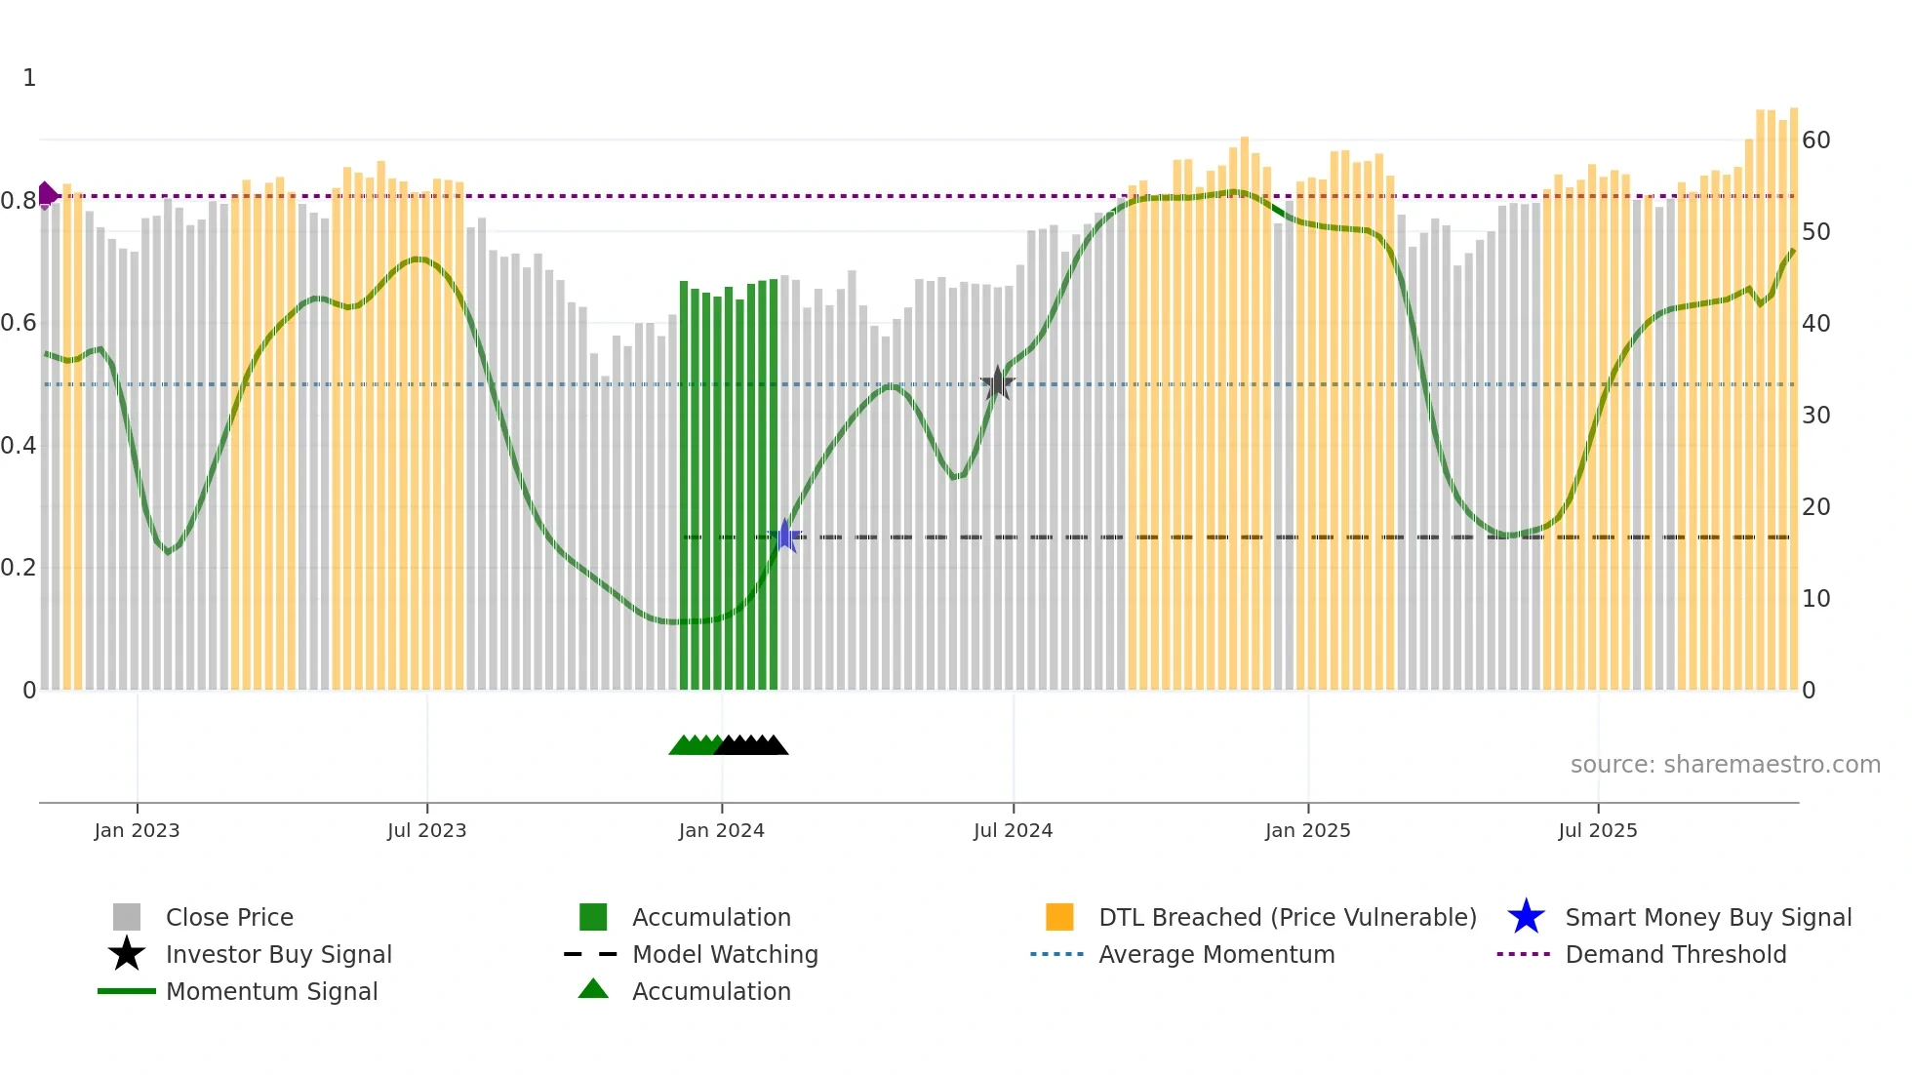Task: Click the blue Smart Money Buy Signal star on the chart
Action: pyautogui.click(x=785, y=536)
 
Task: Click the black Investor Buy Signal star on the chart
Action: pyautogui.click(x=997, y=383)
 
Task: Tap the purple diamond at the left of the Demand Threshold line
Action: pyautogui.click(x=47, y=195)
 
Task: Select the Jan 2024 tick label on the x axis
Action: pyautogui.click(x=722, y=831)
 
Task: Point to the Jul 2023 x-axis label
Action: pyautogui.click(x=427, y=831)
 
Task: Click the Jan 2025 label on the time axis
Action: pyautogui.click(x=1308, y=831)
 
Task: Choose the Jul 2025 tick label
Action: pyautogui.click(x=1598, y=831)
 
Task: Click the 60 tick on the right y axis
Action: pyautogui.click(x=1815, y=140)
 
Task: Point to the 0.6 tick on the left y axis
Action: pyautogui.click(x=19, y=323)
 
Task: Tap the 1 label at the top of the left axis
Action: pyautogui.click(x=29, y=78)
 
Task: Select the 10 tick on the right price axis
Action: pyautogui.click(x=1815, y=599)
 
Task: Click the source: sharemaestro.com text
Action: pyautogui.click(x=1725, y=765)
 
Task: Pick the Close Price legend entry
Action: pyautogui.click(x=229, y=918)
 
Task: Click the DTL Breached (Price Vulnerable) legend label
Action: pyautogui.click(x=1288, y=918)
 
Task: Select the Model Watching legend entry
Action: pyautogui.click(x=725, y=955)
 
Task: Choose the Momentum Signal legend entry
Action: pyautogui.click(x=271, y=992)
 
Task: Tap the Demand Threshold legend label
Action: pyautogui.click(x=1676, y=955)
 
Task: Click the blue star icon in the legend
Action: pyautogui.click(x=1527, y=917)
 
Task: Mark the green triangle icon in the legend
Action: pyautogui.click(x=593, y=990)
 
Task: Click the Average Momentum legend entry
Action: pyautogui.click(x=1216, y=955)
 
